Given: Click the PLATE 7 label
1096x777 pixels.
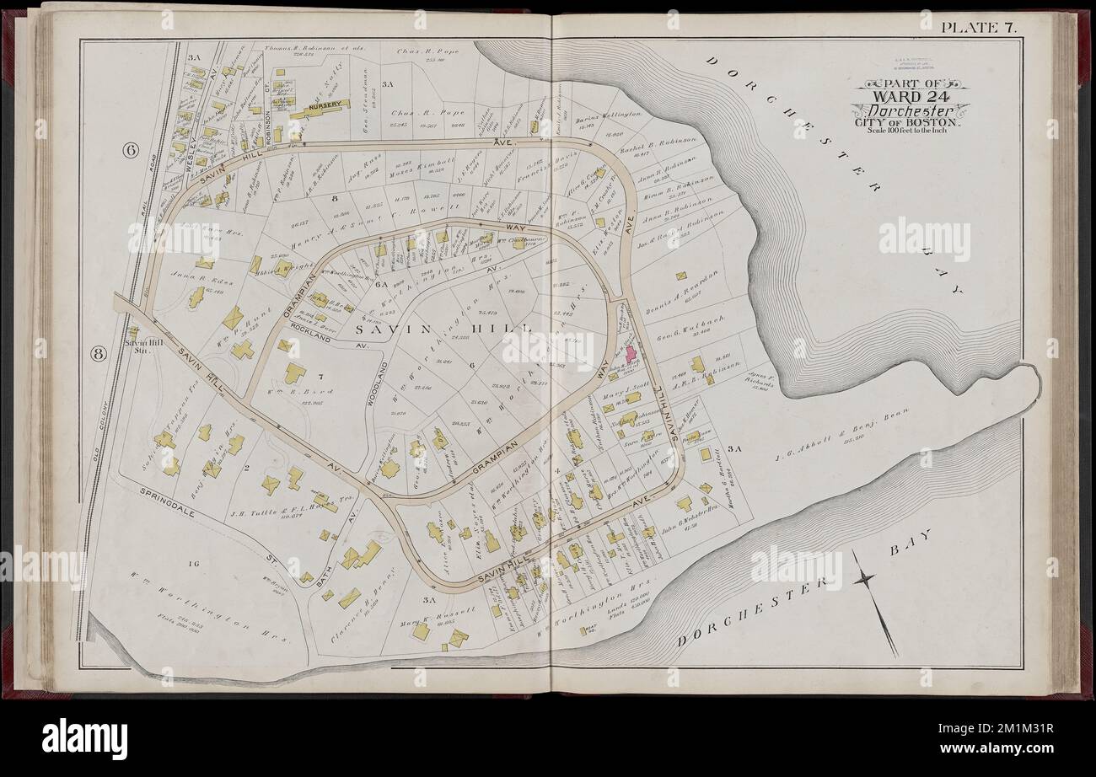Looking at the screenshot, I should point(979,26).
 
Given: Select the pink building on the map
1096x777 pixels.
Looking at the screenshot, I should point(631,352).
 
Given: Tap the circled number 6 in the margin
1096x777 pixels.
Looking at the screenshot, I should point(131,151).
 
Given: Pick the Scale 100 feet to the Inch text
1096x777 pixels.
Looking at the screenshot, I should point(910,132).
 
